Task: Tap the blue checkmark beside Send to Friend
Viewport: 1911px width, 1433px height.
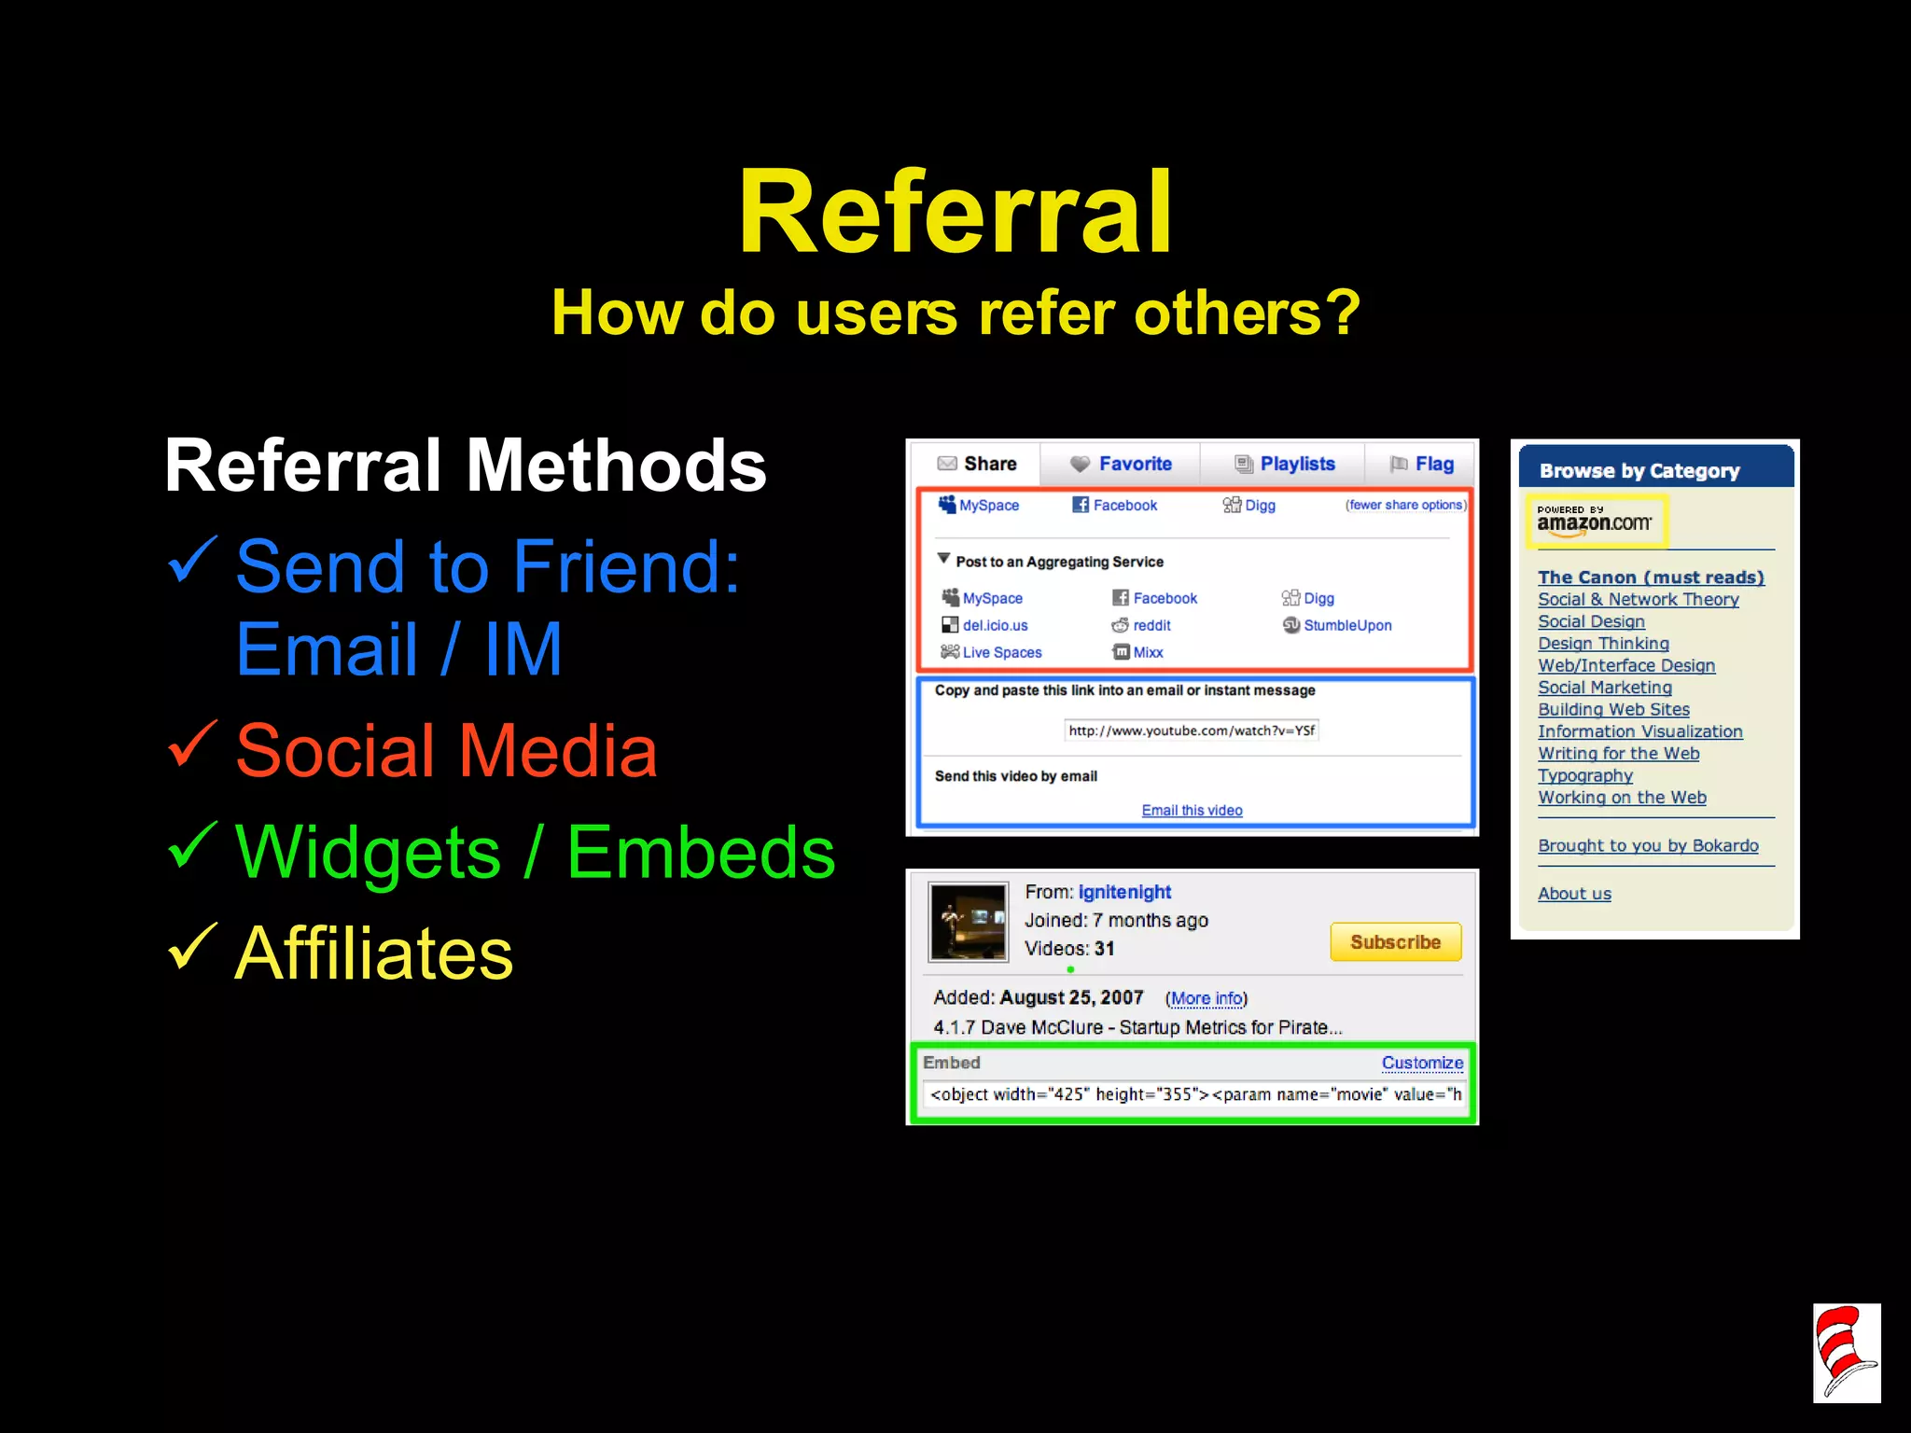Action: pyautogui.click(x=193, y=560)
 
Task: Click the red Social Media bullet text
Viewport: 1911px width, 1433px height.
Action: pyautogui.click(x=446, y=751)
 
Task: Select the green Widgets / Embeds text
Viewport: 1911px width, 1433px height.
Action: pyautogui.click(x=535, y=853)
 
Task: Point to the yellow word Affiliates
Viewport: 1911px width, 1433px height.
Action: pyautogui.click(x=373, y=953)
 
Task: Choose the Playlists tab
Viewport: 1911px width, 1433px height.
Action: pyautogui.click(x=1285, y=464)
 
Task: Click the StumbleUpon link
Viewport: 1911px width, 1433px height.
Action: pyautogui.click(x=1346, y=625)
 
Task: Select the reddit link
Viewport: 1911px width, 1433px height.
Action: pyautogui.click(x=1151, y=625)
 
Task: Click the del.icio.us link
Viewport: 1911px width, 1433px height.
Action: pyautogui.click(x=995, y=625)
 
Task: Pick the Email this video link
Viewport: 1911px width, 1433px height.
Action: pyautogui.click(x=1192, y=810)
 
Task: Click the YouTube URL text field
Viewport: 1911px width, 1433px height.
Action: pyautogui.click(x=1192, y=730)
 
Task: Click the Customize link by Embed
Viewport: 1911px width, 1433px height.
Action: pyautogui.click(x=1422, y=1063)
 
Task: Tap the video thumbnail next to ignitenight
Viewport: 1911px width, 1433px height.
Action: pyautogui.click(x=969, y=922)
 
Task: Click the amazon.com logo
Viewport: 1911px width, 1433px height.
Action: pyautogui.click(x=1595, y=521)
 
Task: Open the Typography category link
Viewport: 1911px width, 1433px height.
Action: pyautogui.click(x=1584, y=775)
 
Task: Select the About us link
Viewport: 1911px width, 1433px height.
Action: pyautogui.click(x=1574, y=894)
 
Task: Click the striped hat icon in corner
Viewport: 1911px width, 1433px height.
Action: pyautogui.click(x=1846, y=1353)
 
